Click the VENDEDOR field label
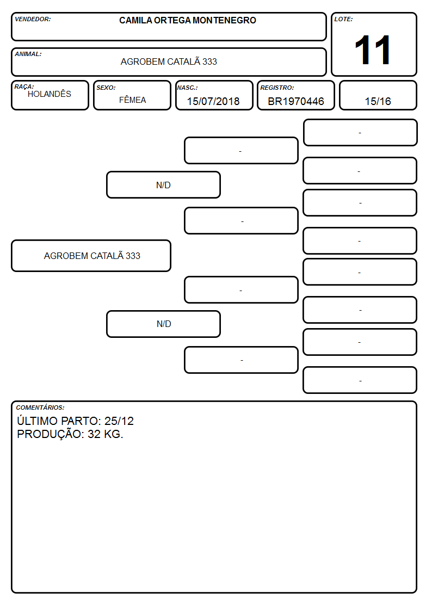(x=33, y=19)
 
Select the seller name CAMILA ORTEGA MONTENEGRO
(x=188, y=20)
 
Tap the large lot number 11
(x=373, y=50)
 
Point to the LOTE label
(x=343, y=19)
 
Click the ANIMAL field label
(x=28, y=54)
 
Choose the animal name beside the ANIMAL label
(x=169, y=61)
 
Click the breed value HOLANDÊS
(x=50, y=94)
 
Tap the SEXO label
(x=106, y=88)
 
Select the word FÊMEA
(x=132, y=100)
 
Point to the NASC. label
(x=187, y=88)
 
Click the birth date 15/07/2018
(x=213, y=101)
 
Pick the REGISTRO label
(x=277, y=88)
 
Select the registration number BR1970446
(x=295, y=101)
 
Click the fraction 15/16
(x=378, y=101)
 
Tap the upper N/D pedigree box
(x=163, y=185)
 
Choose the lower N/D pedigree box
(x=164, y=324)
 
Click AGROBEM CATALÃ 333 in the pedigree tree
(x=92, y=256)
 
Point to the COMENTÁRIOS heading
(x=40, y=408)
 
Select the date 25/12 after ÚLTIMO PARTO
(x=119, y=421)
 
